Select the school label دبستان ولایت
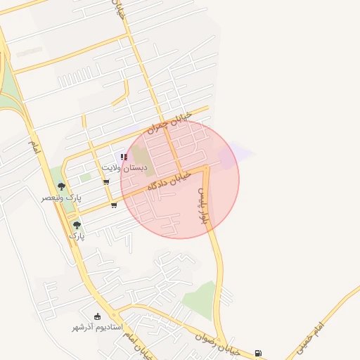coord(125,168)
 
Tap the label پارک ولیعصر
coord(60,199)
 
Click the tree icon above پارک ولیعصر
coord(61,187)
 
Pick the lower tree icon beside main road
coord(77,225)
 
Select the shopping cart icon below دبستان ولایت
coord(106,182)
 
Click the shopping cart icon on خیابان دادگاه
coord(114,205)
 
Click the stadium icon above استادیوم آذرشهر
coord(97,316)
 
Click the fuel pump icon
coord(258,353)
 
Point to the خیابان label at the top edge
coord(117,9)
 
